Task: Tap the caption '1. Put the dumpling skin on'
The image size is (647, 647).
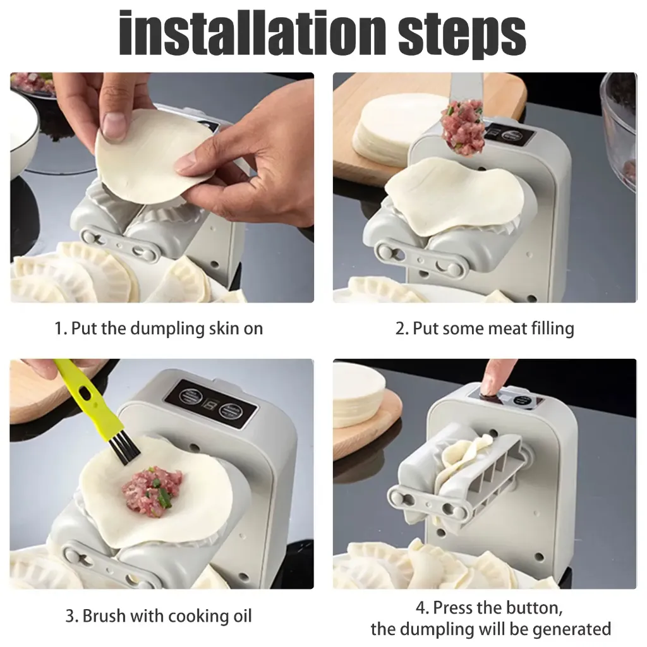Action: (158, 329)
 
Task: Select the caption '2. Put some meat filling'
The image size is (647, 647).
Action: (485, 329)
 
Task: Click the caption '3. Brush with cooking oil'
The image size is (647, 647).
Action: (159, 616)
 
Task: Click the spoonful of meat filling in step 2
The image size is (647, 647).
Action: (463, 129)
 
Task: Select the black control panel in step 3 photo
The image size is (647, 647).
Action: (211, 404)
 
